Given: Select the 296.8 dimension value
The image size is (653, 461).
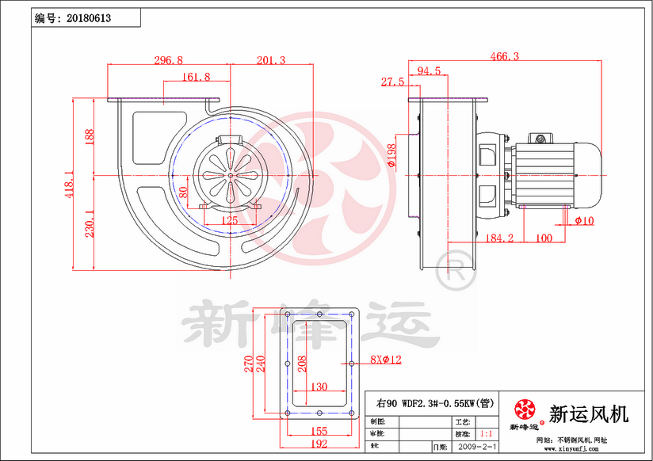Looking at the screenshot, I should tap(168, 60).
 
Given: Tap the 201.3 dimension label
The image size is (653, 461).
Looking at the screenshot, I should tap(271, 60).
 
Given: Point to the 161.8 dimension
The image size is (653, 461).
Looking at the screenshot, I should tap(196, 77).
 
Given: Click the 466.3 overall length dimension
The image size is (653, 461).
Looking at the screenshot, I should tap(505, 56).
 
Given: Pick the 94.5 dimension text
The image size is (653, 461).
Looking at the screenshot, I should tap(429, 71).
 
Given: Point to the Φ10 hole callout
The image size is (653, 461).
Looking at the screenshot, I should tap(584, 221).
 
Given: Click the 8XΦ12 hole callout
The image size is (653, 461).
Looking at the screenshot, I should tap(386, 359).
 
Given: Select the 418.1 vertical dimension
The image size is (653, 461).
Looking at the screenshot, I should tap(70, 184).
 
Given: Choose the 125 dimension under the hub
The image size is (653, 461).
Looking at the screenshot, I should tap(230, 221).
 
